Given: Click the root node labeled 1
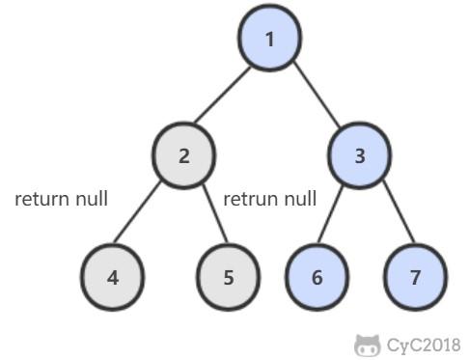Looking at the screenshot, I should (x=270, y=40).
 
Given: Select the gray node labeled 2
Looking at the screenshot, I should (x=183, y=155).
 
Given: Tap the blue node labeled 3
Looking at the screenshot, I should (x=359, y=155).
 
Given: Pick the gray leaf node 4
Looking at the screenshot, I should (x=113, y=276).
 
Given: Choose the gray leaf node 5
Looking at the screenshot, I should (x=228, y=276).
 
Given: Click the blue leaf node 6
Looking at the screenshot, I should (x=317, y=276).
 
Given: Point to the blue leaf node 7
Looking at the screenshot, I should (x=415, y=276).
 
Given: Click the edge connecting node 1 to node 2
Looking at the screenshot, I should (x=227, y=97).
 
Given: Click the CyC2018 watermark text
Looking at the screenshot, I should (x=423, y=345).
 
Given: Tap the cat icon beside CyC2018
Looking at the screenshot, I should (x=367, y=345).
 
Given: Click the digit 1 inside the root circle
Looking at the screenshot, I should (x=270, y=40).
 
